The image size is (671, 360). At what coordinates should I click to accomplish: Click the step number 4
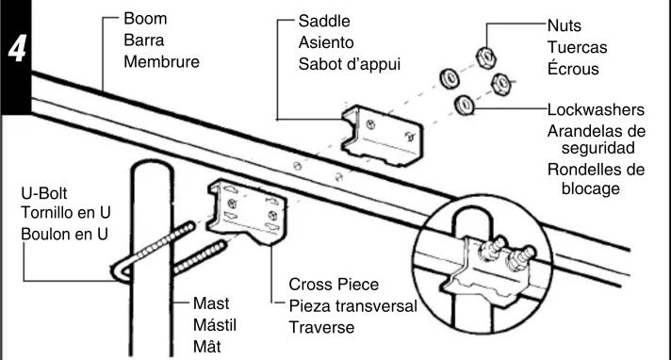[17, 48]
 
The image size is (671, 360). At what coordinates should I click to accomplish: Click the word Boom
[145, 19]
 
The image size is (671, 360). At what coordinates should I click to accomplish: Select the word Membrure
[162, 61]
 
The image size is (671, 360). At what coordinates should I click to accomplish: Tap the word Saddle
[324, 21]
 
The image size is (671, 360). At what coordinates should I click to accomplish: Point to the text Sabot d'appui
[350, 64]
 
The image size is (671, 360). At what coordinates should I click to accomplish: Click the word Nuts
[565, 25]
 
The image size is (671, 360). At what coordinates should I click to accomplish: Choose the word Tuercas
[578, 47]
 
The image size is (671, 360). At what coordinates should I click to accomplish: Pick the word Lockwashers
[597, 110]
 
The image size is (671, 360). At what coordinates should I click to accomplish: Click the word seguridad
[598, 148]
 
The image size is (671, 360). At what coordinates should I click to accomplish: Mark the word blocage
[591, 188]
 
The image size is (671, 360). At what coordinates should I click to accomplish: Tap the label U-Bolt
[44, 193]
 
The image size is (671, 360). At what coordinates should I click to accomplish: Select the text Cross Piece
[334, 285]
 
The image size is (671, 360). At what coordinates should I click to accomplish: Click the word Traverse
[321, 327]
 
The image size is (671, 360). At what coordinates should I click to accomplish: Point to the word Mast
[211, 303]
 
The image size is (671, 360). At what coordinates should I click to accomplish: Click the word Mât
[207, 346]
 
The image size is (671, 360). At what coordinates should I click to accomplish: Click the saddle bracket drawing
[382, 136]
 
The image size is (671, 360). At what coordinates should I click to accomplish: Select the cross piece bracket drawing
[247, 211]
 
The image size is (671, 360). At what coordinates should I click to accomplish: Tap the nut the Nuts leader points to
[486, 57]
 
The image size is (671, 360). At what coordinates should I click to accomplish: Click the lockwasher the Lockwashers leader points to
[464, 105]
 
